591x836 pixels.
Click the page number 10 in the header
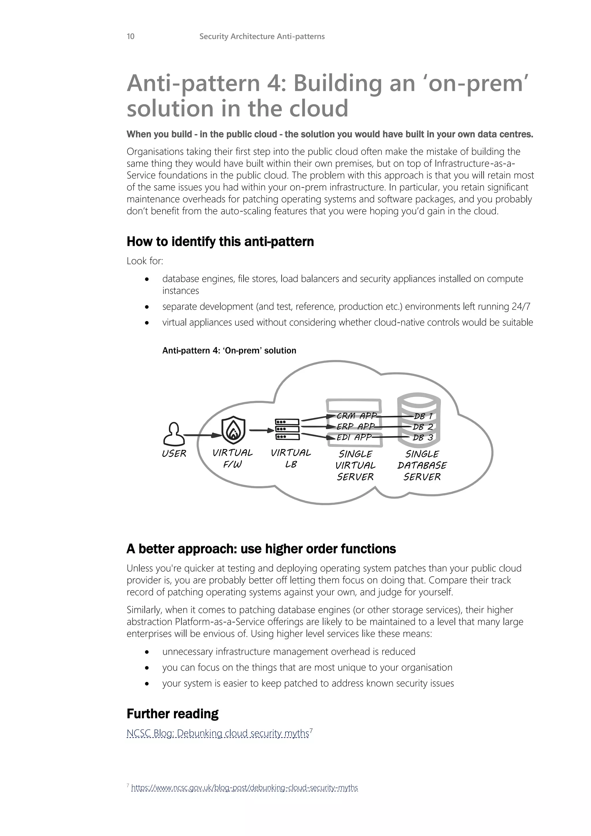pos(130,36)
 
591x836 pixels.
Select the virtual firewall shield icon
pos(233,430)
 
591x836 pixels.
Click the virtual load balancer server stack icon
pos(287,430)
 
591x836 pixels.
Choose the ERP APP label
pos(355,426)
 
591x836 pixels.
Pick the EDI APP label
pos(354,437)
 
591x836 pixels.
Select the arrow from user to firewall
pos(202,435)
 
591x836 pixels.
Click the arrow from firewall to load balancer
pos(261,430)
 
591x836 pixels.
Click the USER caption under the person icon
pos(174,454)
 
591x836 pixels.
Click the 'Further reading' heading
pos(173,714)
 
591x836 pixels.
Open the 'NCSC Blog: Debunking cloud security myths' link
pos(218,733)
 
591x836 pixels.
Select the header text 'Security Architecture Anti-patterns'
pos(262,36)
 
